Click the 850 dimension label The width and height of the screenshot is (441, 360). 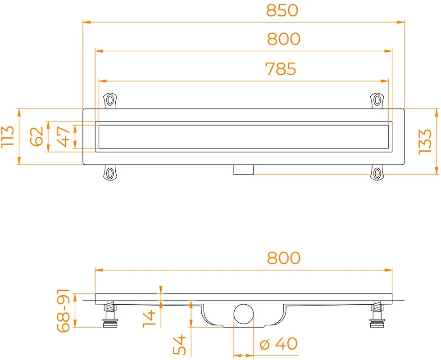pos(282,10)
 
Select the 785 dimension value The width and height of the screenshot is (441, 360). pos(281,69)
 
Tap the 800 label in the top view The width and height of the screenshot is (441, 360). pos(283,39)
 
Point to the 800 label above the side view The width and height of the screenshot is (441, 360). pos(283,258)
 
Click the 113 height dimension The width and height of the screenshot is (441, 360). pos(8,136)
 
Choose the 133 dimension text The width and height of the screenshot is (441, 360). pos(425,142)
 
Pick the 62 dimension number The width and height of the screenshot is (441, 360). pos(37,136)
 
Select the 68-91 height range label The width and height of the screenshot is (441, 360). pos(63,310)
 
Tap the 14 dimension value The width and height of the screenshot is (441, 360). pos(149,318)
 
